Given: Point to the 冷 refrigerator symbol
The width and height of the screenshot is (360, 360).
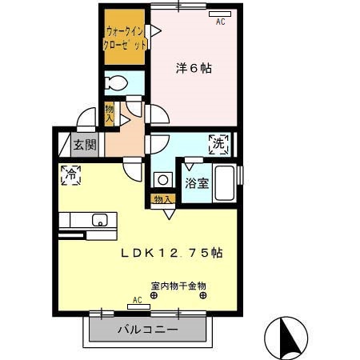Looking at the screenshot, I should click(70, 175).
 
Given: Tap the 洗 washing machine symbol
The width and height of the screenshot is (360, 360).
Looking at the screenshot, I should click(218, 144).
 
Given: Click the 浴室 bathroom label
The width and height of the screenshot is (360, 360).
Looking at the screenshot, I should click(198, 183).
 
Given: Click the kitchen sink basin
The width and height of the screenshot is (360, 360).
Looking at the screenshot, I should click(100, 220).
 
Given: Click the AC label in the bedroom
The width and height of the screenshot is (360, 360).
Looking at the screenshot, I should click(220, 22).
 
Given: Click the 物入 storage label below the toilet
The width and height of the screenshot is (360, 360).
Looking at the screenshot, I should click(110, 113).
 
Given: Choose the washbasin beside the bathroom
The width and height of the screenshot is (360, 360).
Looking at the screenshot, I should click(162, 179).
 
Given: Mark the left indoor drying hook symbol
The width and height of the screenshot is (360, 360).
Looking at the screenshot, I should click(154, 294).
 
